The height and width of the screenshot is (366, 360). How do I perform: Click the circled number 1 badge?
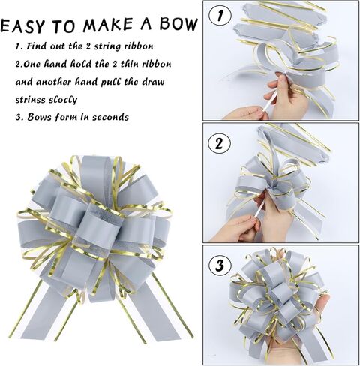click(220, 14)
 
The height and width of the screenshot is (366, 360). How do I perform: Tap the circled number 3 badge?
click(220, 264)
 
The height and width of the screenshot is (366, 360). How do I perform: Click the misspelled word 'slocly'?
click(70, 98)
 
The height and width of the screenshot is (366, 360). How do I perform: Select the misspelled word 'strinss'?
click(32, 98)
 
